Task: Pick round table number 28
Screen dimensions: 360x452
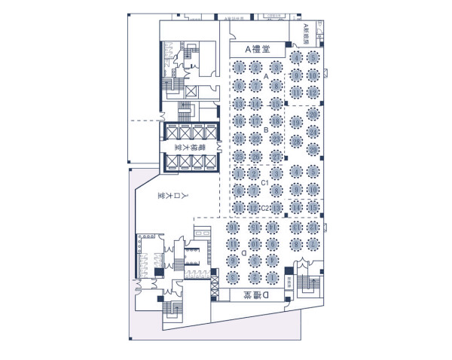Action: [x=297, y=140]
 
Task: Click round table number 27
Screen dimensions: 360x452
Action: [x=276, y=156]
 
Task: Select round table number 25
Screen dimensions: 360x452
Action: [x=239, y=156]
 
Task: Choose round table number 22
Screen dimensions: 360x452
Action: [x=258, y=139]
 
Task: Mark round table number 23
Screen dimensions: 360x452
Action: [x=276, y=139]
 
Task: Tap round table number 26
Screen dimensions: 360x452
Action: [x=258, y=156]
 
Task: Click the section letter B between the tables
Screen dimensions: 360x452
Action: [x=267, y=130]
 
